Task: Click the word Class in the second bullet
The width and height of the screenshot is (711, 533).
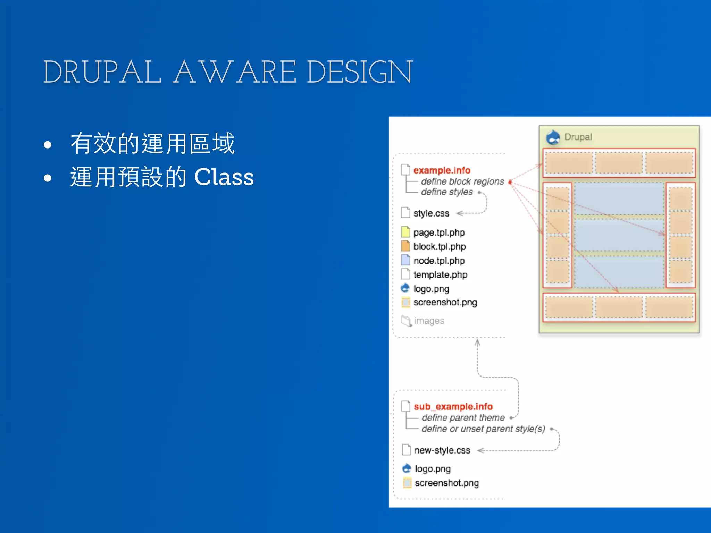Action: (224, 177)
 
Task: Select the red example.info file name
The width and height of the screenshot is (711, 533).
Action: (442, 170)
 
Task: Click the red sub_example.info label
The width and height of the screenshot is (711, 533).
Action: (453, 406)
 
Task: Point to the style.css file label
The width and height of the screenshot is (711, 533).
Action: (431, 213)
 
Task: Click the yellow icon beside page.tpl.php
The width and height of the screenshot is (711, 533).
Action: (405, 232)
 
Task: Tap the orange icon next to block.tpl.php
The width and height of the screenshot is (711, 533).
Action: (405, 246)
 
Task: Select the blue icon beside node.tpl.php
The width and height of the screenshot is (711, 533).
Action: (405, 260)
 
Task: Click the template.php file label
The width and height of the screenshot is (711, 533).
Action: (440, 274)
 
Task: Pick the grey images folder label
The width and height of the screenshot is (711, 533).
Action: (429, 321)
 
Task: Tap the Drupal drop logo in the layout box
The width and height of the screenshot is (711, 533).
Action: (553, 137)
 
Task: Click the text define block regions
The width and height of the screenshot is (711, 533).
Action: (462, 181)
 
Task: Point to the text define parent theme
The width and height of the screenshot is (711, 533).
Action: (463, 418)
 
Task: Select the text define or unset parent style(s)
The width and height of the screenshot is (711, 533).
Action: (483, 429)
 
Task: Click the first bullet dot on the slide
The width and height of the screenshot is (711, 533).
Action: (48, 144)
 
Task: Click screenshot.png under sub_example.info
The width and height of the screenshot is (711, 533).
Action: (446, 483)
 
